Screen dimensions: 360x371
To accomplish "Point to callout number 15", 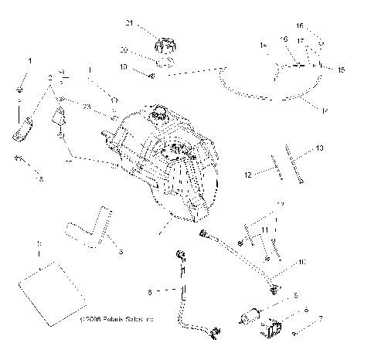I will [x=342, y=70].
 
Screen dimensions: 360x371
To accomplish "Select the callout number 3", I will [x=121, y=251].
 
